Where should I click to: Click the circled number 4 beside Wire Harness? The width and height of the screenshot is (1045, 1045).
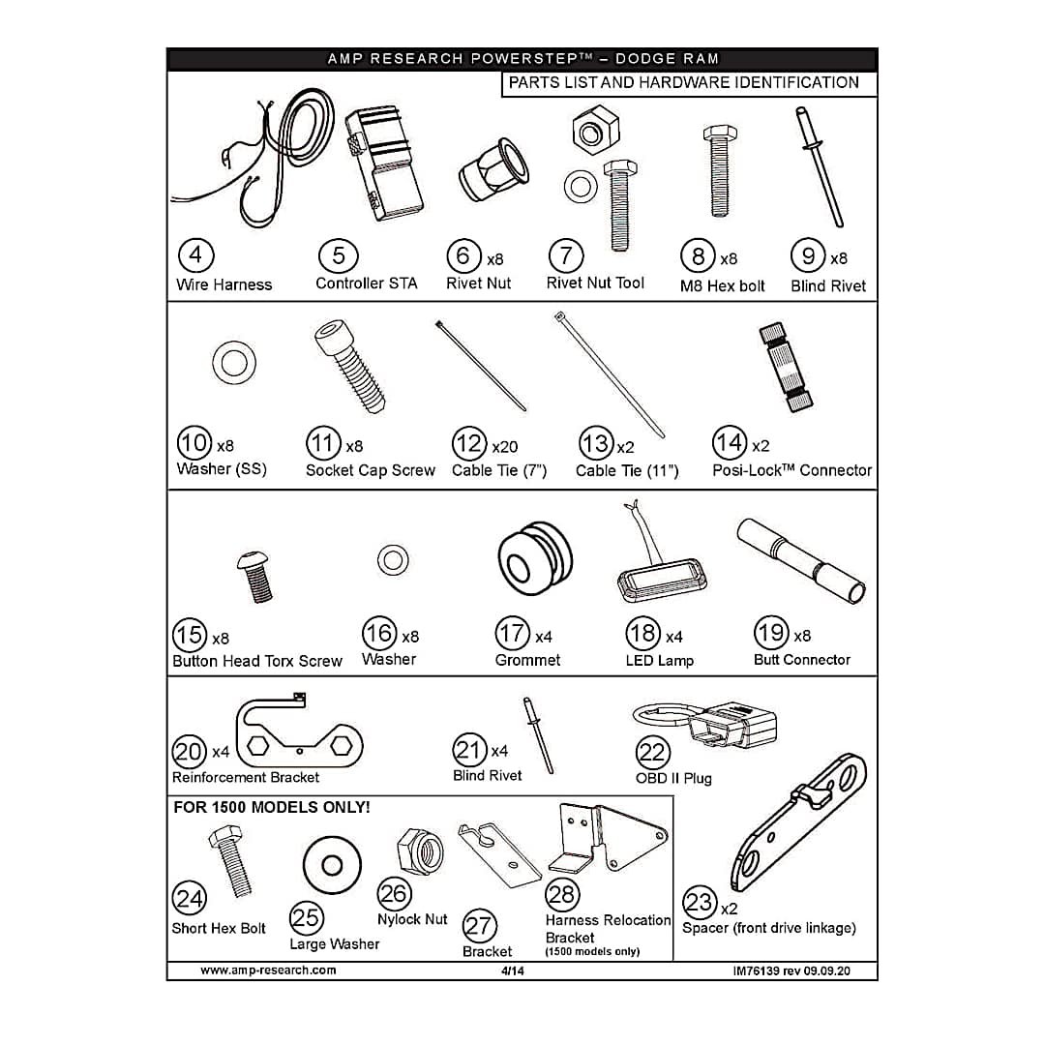click(195, 255)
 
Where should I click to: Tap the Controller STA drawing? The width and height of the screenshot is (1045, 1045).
click(384, 164)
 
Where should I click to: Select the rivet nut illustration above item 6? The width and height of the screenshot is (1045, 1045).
click(493, 170)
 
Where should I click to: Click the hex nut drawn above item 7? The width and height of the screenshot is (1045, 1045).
click(595, 130)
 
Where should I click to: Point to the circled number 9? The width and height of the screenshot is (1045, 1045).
click(808, 255)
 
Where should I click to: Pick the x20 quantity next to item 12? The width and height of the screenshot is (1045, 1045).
click(504, 446)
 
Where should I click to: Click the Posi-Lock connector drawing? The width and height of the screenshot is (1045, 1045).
click(786, 368)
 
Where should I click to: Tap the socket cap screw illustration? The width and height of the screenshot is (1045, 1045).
click(350, 366)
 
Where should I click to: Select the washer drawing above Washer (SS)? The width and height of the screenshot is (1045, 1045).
click(234, 363)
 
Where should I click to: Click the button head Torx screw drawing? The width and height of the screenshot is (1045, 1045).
click(254, 577)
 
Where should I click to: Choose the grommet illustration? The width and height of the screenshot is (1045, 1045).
click(534, 558)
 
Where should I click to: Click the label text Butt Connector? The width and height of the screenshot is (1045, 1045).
click(802, 660)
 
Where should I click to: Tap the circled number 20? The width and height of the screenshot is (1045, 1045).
click(190, 752)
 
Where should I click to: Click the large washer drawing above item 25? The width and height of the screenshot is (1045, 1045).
click(332, 865)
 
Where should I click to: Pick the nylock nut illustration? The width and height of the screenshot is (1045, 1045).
click(421, 851)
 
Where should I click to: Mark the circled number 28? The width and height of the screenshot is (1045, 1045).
click(562, 894)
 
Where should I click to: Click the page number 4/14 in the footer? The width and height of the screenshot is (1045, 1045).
click(513, 971)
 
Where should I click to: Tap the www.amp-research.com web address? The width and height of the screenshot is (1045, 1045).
click(268, 970)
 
